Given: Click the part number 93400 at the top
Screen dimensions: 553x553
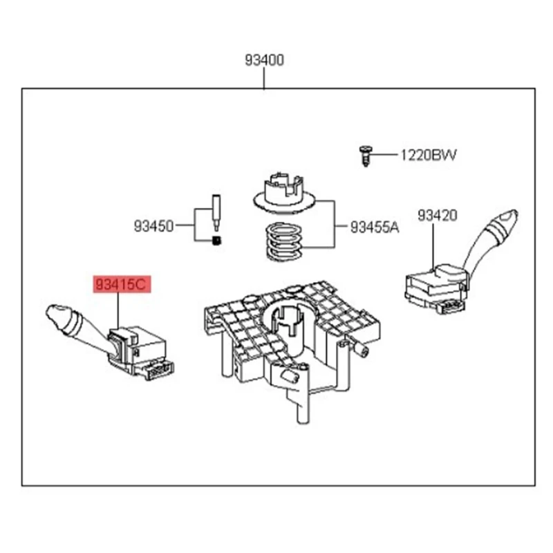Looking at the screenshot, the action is (x=264, y=61).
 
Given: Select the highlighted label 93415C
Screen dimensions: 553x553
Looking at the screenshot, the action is (x=122, y=284).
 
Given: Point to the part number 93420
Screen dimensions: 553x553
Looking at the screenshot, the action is (x=437, y=216).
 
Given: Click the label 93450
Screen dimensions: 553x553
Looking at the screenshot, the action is (x=154, y=225).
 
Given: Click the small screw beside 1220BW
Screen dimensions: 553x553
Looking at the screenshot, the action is (x=365, y=155).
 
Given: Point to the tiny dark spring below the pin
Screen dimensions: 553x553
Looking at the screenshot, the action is (x=216, y=241).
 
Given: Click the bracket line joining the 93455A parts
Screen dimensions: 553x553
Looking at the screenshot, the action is (x=335, y=225).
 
